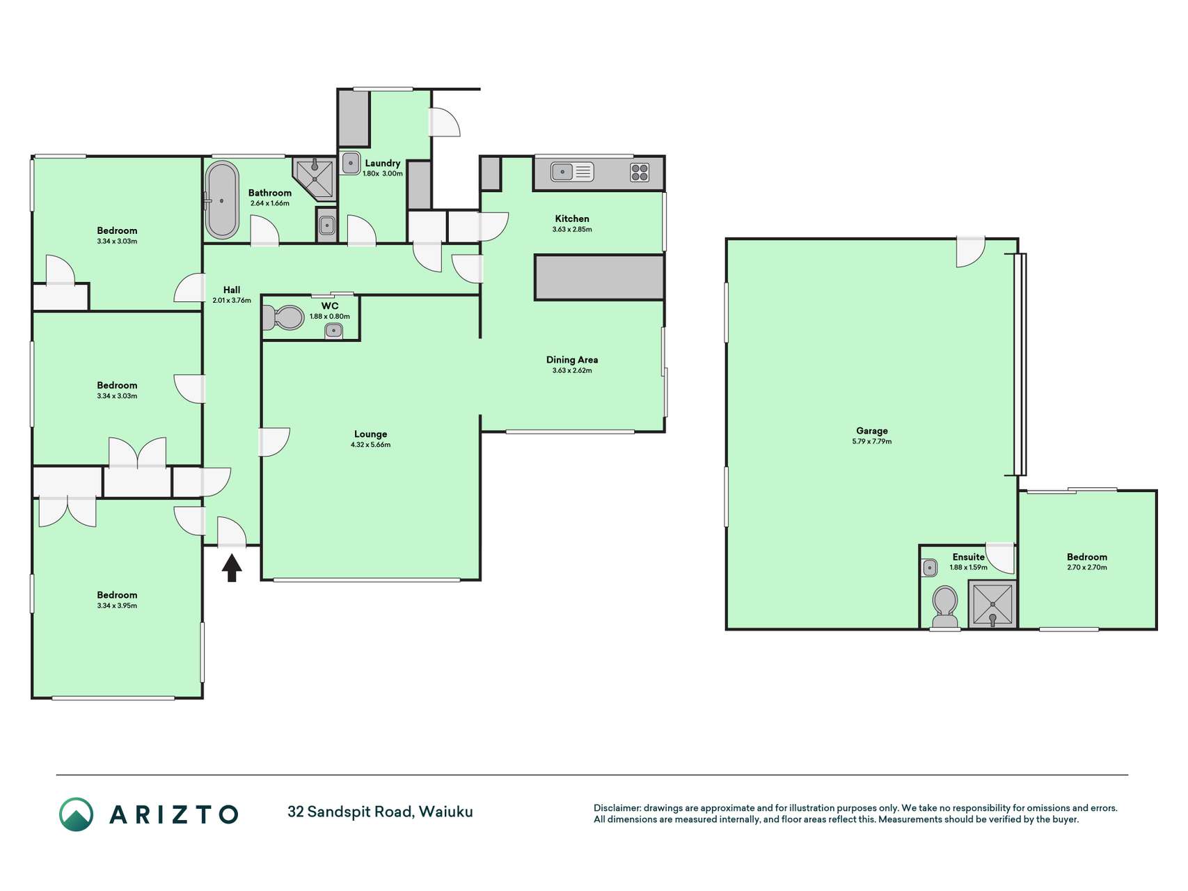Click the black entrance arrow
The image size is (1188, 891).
click(x=232, y=567)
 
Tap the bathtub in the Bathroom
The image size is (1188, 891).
click(x=222, y=200)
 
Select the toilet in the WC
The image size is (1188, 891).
click(x=283, y=318)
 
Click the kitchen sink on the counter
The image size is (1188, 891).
click(x=571, y=171)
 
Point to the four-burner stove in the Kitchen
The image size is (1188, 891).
click(x=640, y=172)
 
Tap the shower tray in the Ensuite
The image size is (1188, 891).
click(x=993, y=604)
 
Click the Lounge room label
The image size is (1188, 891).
click(x=370, y=434)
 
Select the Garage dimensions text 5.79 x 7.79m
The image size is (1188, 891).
click(x=872, y=441)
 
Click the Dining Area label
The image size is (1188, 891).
click(x=572, y=360)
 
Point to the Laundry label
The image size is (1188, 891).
click(x=383, y=164)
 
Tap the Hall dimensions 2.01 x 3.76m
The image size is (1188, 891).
click(x=232, y=301)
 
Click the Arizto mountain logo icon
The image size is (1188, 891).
click(x=76, y=814)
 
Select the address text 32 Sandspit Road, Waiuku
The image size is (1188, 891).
click(x=380, y=812)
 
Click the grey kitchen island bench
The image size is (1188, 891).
click(x=599, y=277)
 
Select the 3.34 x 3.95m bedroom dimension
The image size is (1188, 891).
click(x=117, y=606)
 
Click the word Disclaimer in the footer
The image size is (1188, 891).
click(x=617, y=808)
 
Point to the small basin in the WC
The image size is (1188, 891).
click(x=334, y=331)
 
